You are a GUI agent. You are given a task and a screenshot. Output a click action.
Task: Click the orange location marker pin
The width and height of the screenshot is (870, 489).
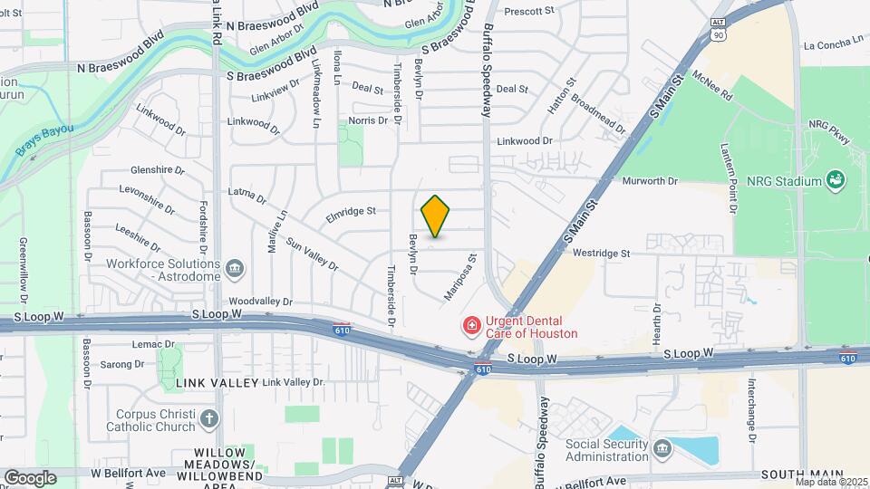point(435,216)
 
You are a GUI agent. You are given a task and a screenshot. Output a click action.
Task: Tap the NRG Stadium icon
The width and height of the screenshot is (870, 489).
point(836,181)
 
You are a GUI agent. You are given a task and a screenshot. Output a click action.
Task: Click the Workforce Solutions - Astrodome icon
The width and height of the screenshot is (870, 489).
point(235,268)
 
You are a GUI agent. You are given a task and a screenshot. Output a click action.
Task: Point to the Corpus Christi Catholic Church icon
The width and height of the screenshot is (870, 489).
point(209,418)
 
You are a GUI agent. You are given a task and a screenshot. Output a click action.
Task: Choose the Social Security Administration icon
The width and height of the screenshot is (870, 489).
point(662,448)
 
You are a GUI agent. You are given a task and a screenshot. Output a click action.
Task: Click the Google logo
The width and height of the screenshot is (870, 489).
point(30,477)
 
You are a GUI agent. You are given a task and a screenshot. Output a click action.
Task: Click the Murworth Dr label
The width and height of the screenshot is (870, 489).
point(650,181)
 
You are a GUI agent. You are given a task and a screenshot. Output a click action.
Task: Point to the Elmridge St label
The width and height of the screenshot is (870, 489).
point(351,213)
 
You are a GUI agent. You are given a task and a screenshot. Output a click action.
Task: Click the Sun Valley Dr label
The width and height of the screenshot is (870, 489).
point(311,255)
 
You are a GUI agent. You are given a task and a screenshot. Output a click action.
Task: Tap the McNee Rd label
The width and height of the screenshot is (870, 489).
point(711,84)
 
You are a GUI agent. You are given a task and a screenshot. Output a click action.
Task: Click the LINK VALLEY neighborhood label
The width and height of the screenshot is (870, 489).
point(210,383)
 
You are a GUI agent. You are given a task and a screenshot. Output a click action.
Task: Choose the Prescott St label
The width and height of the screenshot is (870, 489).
point(528,11)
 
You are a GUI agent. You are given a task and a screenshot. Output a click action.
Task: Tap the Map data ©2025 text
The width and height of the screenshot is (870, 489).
point(831,482)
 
